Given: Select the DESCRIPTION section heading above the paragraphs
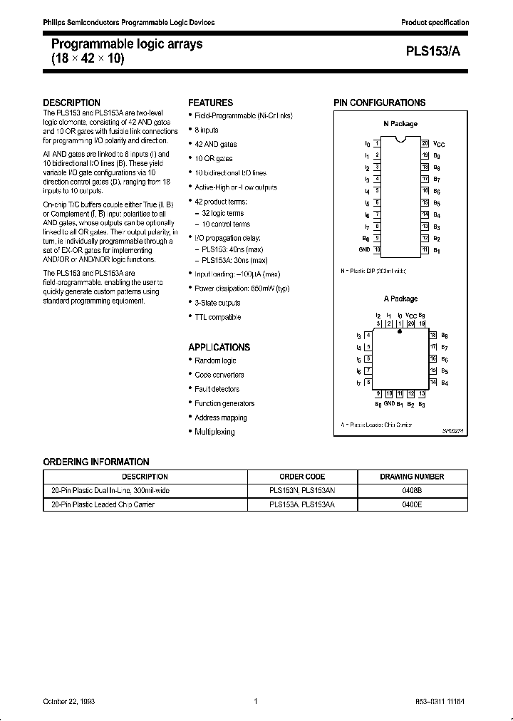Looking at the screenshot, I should click(x=72, y=103).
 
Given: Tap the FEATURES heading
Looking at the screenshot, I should click(x=210, y=103).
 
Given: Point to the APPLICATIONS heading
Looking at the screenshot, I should click(x=219, y=347).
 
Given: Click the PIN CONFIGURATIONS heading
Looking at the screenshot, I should click(x=380, y=103).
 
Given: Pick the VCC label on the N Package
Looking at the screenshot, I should click(x=439, y=144).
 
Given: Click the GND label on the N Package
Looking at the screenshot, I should click(x=365, y=250).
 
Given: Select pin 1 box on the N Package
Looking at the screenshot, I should click(x=377, y=143).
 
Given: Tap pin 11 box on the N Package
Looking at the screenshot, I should click(x=425, y=250).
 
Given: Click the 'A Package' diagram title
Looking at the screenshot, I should click(x=400, y=299).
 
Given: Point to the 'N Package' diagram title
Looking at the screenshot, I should click(x=400, y=124).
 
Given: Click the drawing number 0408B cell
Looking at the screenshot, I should click(x=413, y=491).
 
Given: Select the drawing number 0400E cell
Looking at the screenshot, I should click(x=413, y=504).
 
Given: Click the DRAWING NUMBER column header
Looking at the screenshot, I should click(x=413, y=477).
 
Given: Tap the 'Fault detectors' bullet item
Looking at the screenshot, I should click(x=217, y=389).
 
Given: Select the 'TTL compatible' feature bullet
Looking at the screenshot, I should click(x=217, y=317).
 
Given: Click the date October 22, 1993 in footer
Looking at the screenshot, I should click(x=69, y=702).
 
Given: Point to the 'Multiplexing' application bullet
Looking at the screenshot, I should click(x=214, y=432).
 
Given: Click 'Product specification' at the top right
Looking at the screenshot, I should click(x=435, y=23).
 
